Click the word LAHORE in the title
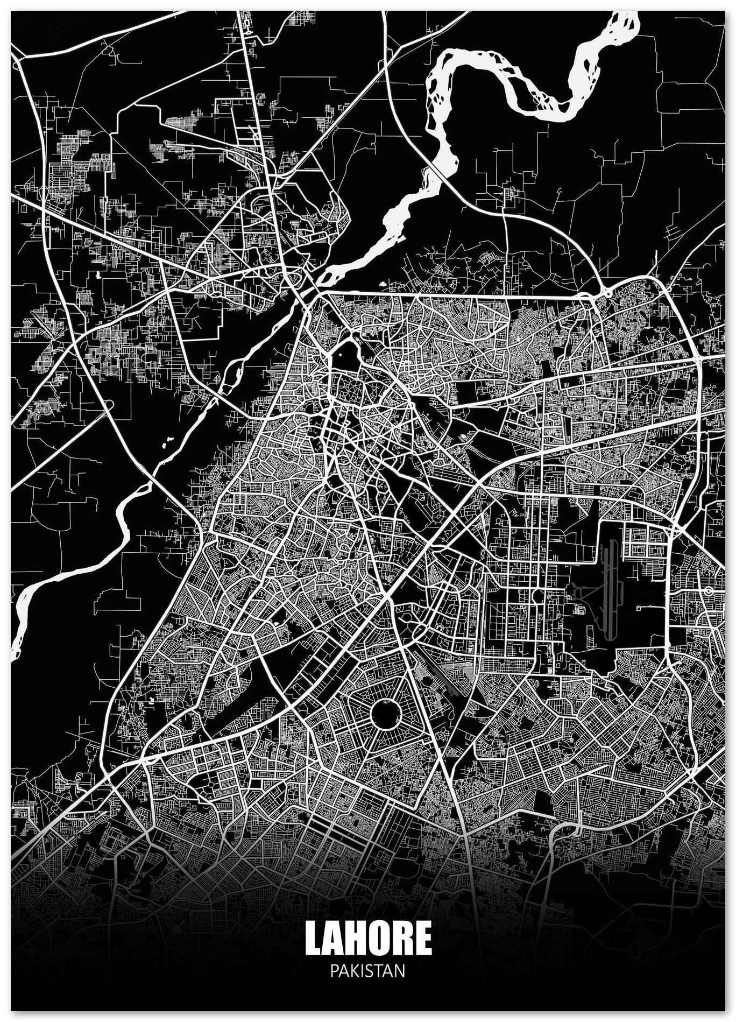pos(368,938)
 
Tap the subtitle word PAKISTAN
pos(368,971)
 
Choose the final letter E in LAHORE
pos(423,938)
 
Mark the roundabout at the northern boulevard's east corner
pos(607,293)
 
